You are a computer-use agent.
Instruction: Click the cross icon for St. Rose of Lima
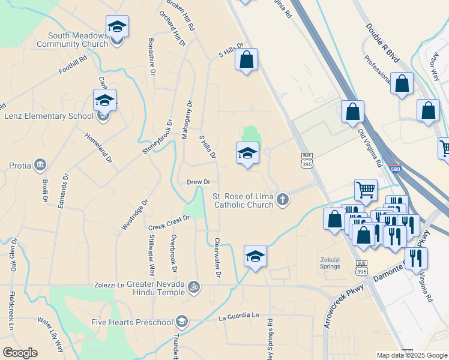282,200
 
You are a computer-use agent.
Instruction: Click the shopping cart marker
365,190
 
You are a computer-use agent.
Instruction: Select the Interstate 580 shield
394,170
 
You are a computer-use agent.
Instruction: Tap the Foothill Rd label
73,65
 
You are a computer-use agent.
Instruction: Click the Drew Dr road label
198,182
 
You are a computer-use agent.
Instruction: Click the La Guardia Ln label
238,316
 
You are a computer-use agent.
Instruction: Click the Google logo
20,353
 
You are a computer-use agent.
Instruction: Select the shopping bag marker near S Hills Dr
246,60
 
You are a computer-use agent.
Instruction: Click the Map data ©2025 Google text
411,355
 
